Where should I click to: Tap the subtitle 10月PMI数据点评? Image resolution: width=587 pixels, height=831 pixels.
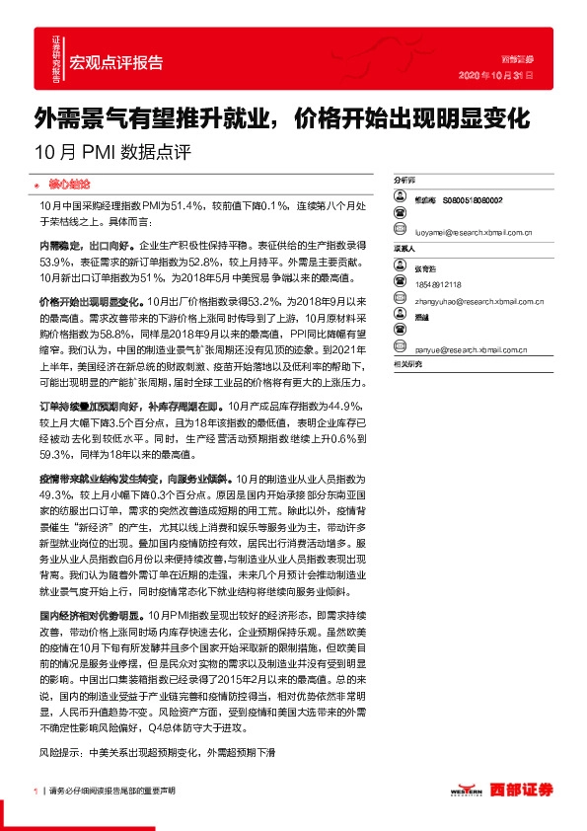(111, 153)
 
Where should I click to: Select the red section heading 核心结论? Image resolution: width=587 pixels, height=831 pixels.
(68, 185)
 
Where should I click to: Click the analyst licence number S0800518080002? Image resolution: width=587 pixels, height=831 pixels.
(473, 199)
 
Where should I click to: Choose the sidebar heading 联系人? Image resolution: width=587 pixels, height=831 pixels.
(405, 249)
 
